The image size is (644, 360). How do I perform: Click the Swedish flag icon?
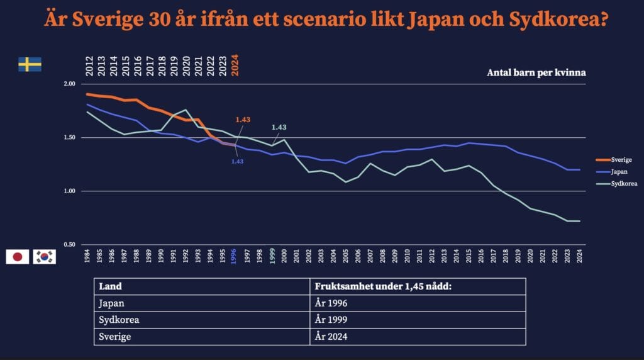[x=30, y=64]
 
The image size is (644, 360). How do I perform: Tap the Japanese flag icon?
[x=18, y=256]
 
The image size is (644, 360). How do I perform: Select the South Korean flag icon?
[x=44, y=256]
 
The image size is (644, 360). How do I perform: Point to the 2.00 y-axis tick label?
[x=69, y=84]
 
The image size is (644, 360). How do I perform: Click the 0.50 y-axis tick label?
[x=69, y=245]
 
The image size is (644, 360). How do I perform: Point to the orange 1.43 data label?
[x=243, y=120]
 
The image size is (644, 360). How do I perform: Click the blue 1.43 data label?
[x=237, y=161]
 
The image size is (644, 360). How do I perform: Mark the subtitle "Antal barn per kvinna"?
[x=536, y=72]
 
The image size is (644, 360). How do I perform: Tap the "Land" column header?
[x=111, y=286]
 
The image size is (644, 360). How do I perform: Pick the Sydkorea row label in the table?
[x=119, y=320]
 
